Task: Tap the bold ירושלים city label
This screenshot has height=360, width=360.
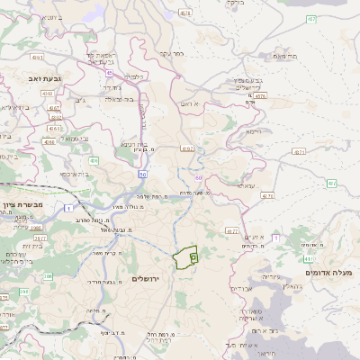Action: pos(145,279)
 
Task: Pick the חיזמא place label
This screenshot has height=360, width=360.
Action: pos(255,131)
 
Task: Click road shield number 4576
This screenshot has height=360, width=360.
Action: pos(260,94)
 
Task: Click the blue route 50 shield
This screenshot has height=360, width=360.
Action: pos(142,173)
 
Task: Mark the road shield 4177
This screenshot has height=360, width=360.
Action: pos(231,231)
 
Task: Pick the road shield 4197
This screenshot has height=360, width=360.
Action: pos(187,148)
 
